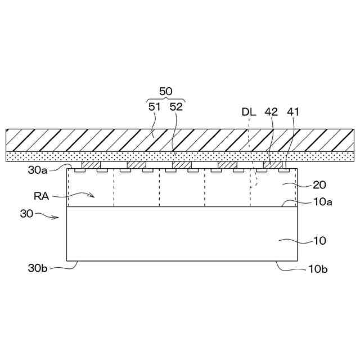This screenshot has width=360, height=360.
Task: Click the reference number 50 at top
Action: (x=165, y=91)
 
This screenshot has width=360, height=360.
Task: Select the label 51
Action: (x=154, y=107)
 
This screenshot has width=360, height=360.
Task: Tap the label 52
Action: (x=176, y=107)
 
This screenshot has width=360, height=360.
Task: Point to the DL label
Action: (x=249, y=112)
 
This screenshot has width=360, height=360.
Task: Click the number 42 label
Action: (x=271, y=112)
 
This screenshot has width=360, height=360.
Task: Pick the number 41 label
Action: (x=293, y=112)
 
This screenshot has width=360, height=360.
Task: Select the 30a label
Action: (x=38, y=170)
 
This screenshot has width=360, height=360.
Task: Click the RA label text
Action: (x=41, y=196)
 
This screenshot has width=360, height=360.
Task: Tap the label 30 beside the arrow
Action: (x=26, y=214)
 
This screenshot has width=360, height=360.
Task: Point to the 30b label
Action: (x=38, y=268)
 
